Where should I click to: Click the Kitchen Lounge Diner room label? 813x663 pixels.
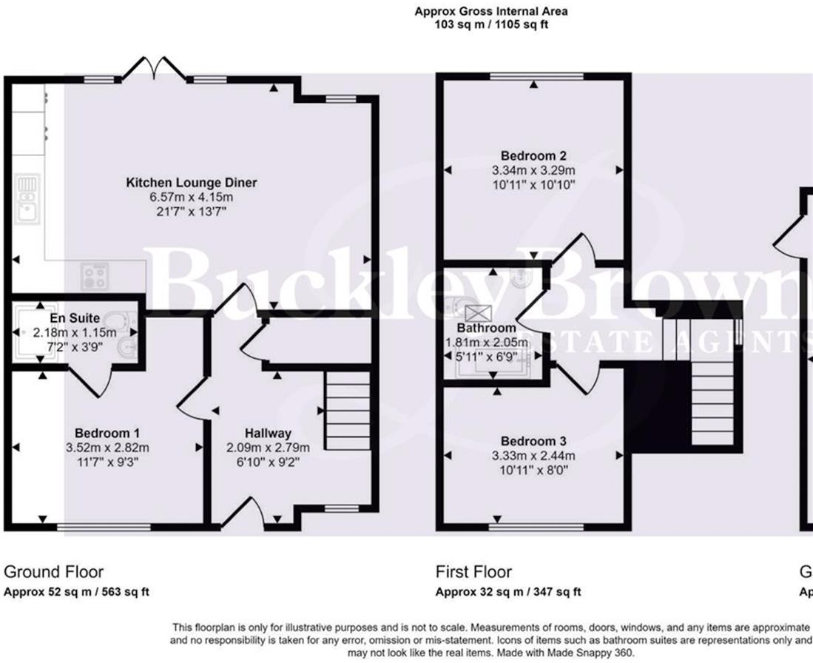[x=191, y=183]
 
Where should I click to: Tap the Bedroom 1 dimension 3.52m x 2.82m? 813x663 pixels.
[x=107, y=448]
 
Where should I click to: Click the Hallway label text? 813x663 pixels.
[x=269, y=434]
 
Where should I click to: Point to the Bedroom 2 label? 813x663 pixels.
[x=533, y=156]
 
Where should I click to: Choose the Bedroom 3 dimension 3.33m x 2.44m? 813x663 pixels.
[x=533, y=455]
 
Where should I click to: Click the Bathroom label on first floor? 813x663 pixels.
[x=486, y=328]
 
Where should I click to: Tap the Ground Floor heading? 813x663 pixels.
[x=54, y=572]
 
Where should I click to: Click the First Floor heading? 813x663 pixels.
[x=473, y=572]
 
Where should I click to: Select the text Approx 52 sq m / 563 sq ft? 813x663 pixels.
[x=77, y=592]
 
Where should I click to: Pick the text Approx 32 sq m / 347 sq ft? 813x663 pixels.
[x=508, y=592]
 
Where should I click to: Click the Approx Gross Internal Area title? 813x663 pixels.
[x=491, y=11]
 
